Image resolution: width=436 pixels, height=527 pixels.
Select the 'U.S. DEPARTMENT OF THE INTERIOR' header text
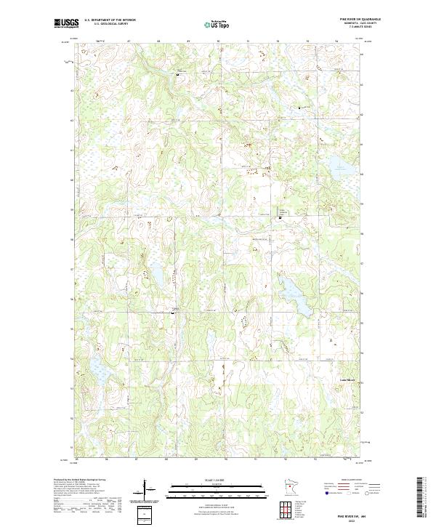pyautogui.click(x=110, y=20)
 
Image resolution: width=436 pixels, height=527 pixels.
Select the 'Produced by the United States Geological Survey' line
pyautogui.click(x=80, y=480)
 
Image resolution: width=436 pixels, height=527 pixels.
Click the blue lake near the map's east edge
pyautogui.click(x=342, y=171)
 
